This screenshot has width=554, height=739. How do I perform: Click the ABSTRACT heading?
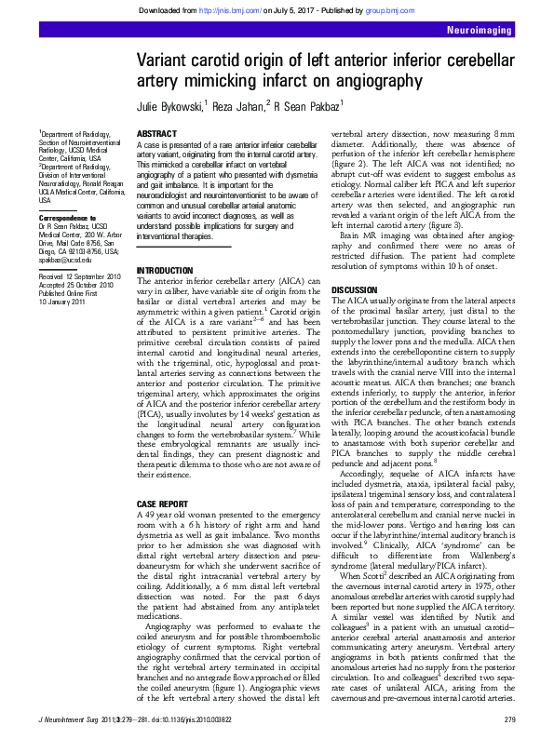(156, 135)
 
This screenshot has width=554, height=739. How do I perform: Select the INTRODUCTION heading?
(166, 270)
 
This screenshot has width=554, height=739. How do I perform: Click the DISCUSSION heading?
(355, 290)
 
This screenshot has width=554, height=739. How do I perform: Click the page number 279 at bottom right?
(508, 721)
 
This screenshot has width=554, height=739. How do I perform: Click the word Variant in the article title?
(168, 61)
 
